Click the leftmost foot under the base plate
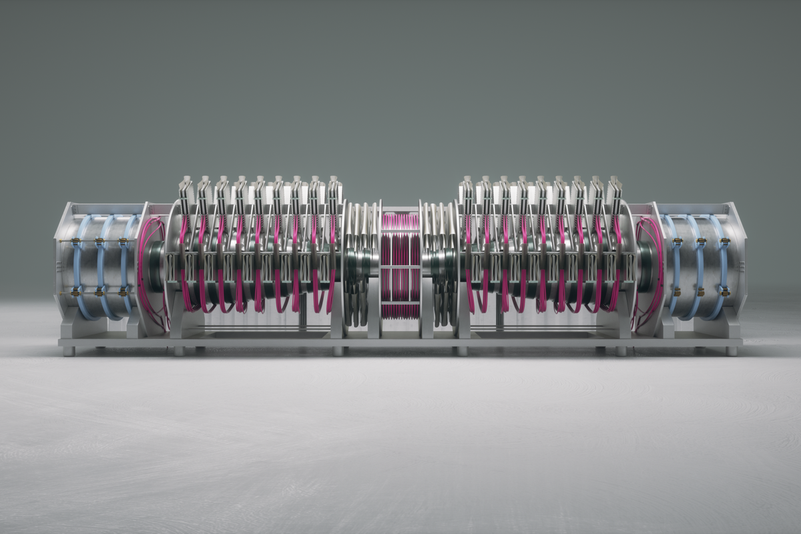pos(68,350)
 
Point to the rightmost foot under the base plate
pos(732,350)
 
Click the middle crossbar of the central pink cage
pos(400,267)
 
